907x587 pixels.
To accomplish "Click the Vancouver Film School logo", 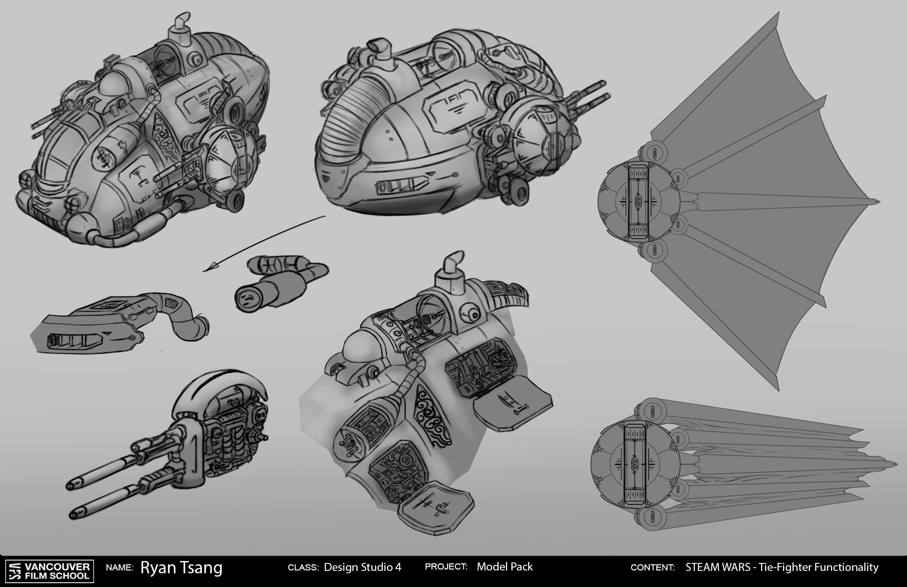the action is (49, 570).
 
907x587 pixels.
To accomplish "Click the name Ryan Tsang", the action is (181, 568).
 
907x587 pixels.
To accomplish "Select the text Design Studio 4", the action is (362, 567).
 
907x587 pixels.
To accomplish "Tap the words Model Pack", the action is (505, 567).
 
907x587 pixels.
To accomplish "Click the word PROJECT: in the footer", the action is (446, 567).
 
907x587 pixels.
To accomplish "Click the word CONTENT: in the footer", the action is (652, 568).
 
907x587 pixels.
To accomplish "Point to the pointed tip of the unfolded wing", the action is (879, 202).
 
